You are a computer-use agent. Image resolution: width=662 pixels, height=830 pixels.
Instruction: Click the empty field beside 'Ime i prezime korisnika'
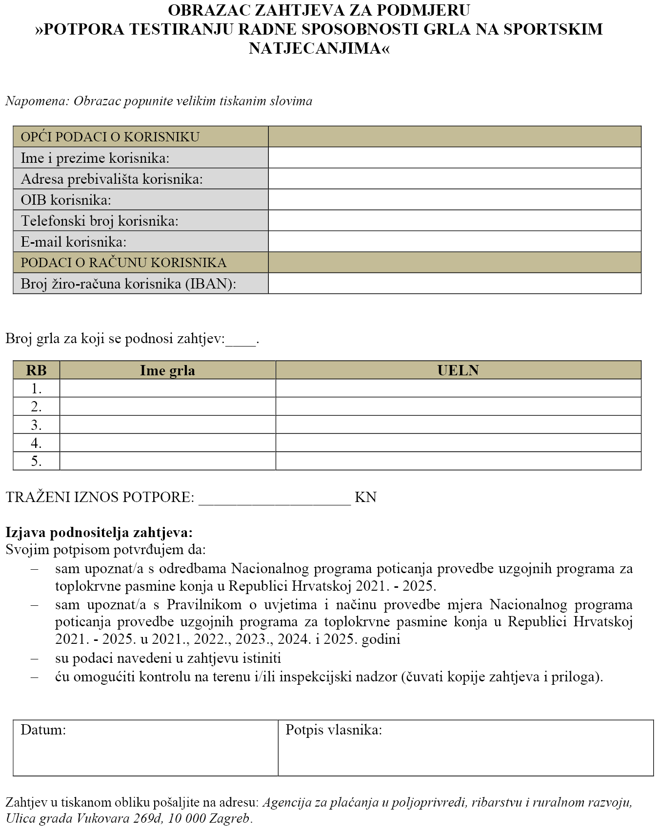[x=454, y=158]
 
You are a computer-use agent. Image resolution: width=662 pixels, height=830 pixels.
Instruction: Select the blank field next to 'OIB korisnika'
[x=454, y=200]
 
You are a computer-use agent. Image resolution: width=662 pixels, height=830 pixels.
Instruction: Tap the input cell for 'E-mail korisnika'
[x=454, y=242]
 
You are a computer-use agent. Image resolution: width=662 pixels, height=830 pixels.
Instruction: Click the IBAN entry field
[x=454, y=284]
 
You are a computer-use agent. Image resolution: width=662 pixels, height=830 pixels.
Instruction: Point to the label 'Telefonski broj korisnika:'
[x=100, y=221]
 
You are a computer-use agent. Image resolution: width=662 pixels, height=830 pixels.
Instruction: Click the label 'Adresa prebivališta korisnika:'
[x=112, y=179]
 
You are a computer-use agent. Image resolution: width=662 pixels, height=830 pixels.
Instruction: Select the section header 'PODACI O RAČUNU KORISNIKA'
[x=123, y=263]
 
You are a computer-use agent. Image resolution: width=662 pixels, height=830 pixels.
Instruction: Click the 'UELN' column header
[x=458, y=370]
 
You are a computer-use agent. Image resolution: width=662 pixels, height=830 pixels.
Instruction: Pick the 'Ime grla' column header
[x=167, y=370]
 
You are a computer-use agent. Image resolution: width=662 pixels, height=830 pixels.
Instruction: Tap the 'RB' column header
[x=37, y=370]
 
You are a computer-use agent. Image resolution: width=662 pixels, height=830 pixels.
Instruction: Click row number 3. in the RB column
[x=37, y=425]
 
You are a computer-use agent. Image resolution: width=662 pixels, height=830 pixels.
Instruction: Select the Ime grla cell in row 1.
[x=167, y=388]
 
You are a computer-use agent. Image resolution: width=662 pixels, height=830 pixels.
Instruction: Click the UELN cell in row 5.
[x=458, y=461]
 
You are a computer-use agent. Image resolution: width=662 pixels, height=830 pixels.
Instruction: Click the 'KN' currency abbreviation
[x=365, y=497]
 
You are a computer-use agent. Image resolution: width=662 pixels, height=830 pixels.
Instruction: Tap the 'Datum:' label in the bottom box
[x=43, y=730]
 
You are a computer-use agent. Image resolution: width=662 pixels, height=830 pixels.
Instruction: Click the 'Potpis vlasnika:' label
[x=334, y=730]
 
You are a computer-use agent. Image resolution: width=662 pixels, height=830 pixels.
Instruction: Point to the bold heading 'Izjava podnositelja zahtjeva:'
[x=99, y=533]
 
